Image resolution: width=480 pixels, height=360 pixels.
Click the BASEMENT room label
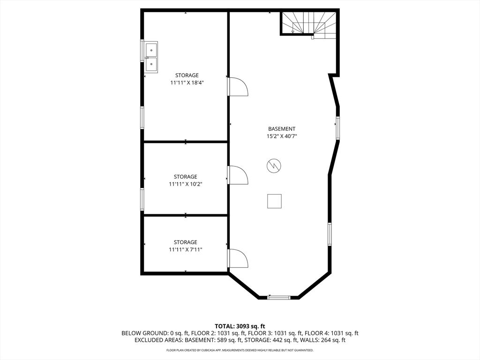(x=282, y=129)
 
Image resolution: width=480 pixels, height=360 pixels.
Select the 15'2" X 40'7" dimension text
(x=282, y=136)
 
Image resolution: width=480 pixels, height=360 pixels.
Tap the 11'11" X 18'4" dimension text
(x=187, y=82)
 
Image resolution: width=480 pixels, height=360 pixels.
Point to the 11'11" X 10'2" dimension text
(x=186, y=184)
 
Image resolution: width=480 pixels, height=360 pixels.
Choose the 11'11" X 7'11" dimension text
(x=186, y=250)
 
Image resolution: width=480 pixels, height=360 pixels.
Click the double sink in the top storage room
(x=151, y=57)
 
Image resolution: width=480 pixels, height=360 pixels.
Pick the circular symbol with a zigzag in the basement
(x=274, y=165)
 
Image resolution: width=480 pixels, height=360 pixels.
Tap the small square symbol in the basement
(x=274, y=201)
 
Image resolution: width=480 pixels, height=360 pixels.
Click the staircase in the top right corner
(x=309, y=23)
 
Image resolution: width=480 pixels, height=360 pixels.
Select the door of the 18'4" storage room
(x=238, y=87)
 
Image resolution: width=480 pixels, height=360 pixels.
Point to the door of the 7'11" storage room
(x=238, y=258)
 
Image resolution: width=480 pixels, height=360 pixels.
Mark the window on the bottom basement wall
(x=279, y=297)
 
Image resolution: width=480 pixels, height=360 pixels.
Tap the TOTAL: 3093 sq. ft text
(x=240, y=326)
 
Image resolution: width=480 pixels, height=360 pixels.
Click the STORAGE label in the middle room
(x=186, y=177)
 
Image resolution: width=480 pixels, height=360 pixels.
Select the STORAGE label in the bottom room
(x=186, y=242)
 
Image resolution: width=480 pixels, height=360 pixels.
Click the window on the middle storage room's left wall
(x=142, y=199)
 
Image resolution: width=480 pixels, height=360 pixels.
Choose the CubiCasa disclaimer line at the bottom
(x=240, y=350)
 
